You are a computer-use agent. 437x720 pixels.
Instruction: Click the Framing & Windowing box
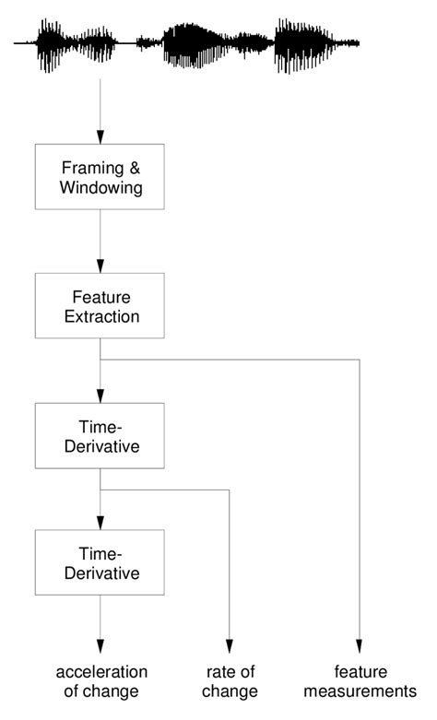click(99, 177)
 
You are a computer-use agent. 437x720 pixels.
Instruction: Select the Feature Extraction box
click(99, 307)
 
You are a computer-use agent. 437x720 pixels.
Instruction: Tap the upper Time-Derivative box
click(99, 437)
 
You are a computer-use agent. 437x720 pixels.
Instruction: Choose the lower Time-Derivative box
click(99, 563)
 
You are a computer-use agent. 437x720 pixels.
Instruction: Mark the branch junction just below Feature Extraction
click(99, 360)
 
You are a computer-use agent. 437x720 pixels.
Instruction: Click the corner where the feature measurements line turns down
click(360, 360)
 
